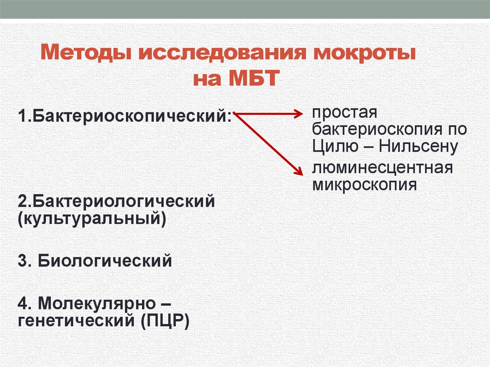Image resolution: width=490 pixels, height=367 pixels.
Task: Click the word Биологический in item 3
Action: point(105,261)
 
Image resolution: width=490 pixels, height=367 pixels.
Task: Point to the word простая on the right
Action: point(345,114)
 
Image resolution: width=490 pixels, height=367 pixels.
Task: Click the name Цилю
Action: point(331,146)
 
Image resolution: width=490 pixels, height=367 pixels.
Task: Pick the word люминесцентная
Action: point(382,168)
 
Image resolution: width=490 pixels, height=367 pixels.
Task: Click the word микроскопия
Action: point(364,184)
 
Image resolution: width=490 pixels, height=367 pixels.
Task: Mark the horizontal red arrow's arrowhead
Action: point(300,114)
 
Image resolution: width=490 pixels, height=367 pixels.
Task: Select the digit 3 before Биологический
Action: point(22,261)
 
